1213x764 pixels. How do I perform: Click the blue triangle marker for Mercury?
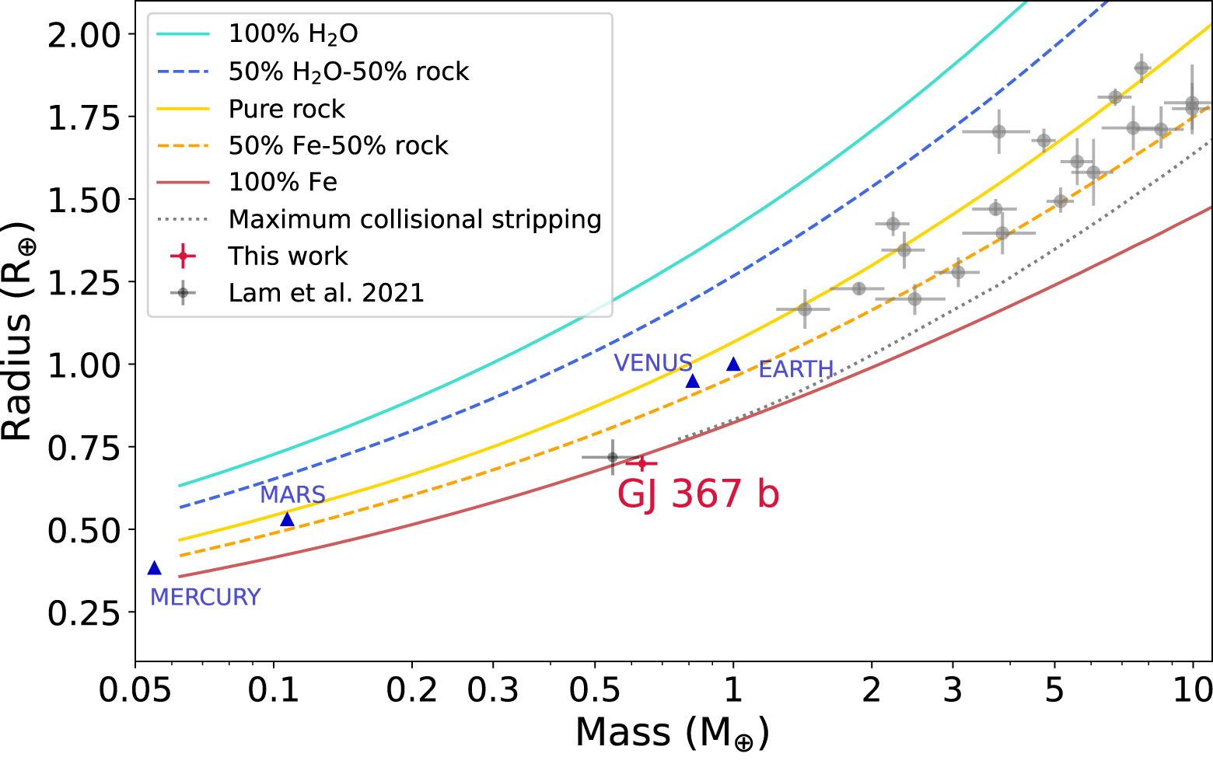(x=154, y=568)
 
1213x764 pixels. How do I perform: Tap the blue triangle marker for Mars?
(x=287, y=519)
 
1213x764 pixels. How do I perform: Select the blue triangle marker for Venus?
(x=693, y=381)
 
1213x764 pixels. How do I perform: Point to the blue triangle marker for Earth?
(x=733, y=365)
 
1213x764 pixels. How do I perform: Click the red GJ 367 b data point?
(x=641, y=463)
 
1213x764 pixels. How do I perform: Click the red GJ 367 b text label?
(x=697, y=494)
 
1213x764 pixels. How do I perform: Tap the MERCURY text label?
(x=205, y=597)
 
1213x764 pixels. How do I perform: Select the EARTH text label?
(x=795, y=369)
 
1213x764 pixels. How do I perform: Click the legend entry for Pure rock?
(x=286, y=110)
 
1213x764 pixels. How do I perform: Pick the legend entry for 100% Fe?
(x=282, y=183)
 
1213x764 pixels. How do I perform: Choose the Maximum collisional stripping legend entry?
(x=414, y=220)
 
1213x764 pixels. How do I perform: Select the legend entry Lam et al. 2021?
(x=326, y=293)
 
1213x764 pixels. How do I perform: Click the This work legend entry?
(x=288, y=256)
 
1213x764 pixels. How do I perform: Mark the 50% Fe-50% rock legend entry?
(x=337, y=146)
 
